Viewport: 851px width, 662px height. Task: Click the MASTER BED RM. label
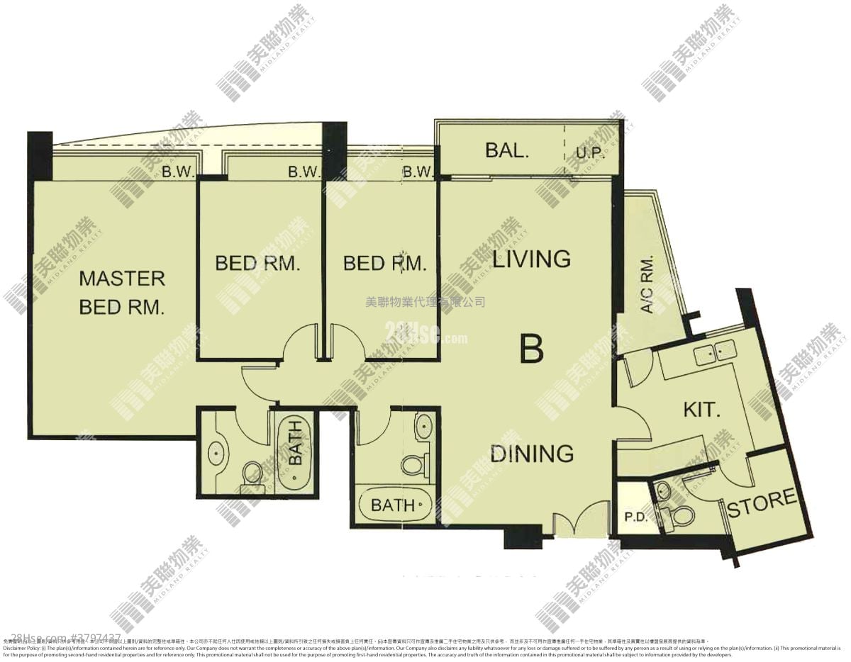tap(121, 293)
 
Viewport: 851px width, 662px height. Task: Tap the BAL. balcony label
tap(508, 150)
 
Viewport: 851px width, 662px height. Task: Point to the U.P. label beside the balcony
tap(589, 153)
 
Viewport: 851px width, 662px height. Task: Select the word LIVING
tap(531, 259)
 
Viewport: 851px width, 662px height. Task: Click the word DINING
tap(531, 453)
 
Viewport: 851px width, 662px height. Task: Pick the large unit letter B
tap(531, 349)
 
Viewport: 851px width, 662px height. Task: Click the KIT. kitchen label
tap(702, 409)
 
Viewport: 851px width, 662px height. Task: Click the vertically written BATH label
tap(294, 442)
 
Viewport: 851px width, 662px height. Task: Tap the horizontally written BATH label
tap(393, 505)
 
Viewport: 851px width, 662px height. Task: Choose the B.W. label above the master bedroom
tap(174, 171)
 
